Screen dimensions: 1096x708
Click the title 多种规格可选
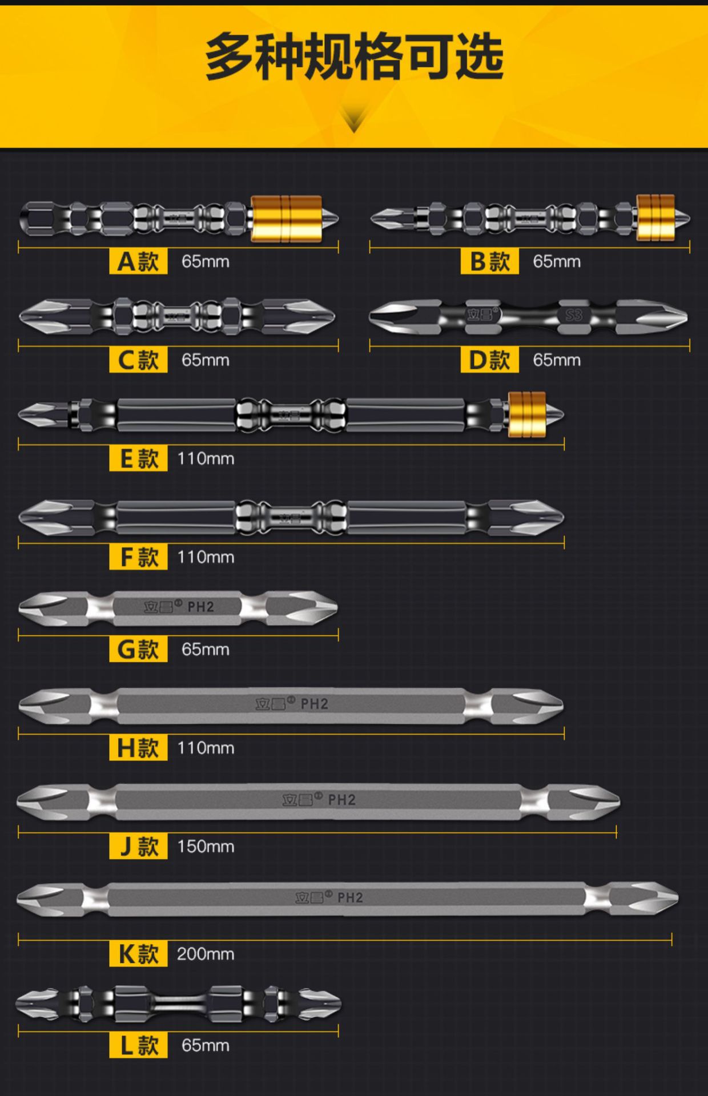tap(354, 57)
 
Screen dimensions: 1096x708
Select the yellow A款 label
tap(138, 261)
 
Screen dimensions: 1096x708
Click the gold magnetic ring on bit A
tap(286, 218)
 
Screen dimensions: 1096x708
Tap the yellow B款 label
tap(489, 261)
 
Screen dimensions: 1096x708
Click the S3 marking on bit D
tap(573, 315)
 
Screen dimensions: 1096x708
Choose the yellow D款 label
tap(489, 360)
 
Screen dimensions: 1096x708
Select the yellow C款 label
tap(138, 360)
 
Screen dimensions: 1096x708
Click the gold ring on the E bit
tap(526, 414)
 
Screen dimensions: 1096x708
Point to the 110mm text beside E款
tap(206, 459)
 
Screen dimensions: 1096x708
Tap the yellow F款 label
tap(138, 557)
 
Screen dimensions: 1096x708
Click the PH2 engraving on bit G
tap(200, 607)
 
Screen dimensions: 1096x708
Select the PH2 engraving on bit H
tap(314, 704)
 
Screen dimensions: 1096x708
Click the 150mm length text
tap(206, 847)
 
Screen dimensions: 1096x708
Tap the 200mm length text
tap(206, 954)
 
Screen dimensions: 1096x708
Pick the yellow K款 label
tap(138, 954)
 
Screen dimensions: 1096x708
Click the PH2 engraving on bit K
tap(349, 898)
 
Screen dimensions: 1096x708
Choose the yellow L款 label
tap(138, 1045)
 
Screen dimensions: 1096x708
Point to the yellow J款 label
tap(138, 847)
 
